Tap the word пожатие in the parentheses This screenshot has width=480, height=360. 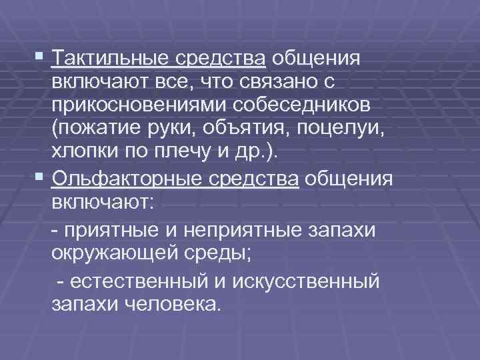pyautogui.click(x=101, y=132)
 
